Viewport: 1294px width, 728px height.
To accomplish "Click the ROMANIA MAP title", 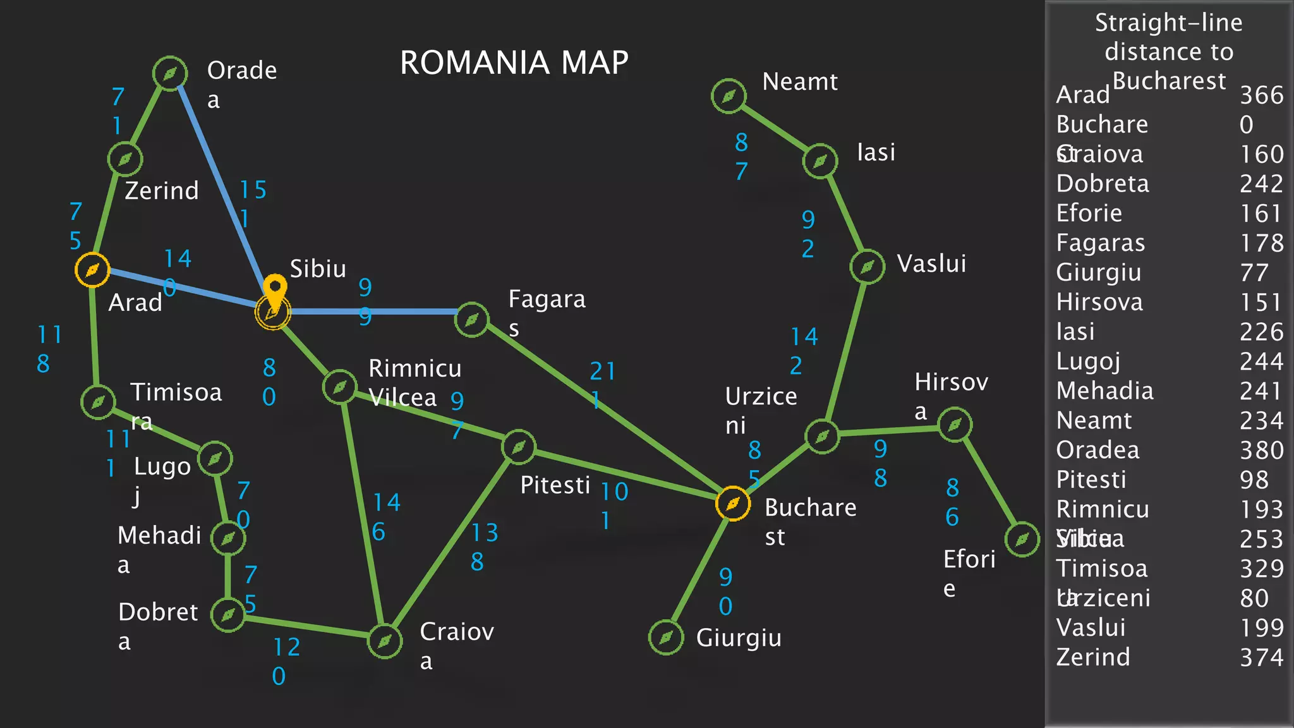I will coord(514,63).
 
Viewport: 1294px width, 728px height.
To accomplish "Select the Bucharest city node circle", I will coord(733,504).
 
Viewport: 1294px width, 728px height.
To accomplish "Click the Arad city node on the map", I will coord(92,270).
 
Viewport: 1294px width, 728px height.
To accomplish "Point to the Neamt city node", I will coord(729,96).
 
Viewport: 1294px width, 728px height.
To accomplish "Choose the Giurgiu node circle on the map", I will coord(666,637).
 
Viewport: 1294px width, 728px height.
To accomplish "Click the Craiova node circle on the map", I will coord(385,641).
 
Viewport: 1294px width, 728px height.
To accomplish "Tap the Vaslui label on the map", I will coord(931,264).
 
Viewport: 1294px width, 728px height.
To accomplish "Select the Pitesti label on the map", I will coord(555,485).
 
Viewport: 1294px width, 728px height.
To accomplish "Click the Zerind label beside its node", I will coord(162,190).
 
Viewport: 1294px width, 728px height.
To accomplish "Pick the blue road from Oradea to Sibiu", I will coord(221,190).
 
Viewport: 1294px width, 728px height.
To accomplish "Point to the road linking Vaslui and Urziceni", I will coord(845,351).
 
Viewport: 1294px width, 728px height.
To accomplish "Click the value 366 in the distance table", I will coord(1261,95).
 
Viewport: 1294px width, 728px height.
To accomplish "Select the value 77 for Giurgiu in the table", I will coord(1254,272).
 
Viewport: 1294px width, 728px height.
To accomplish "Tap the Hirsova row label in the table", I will coord(1099,302).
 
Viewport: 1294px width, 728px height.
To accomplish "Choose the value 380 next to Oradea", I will coord(1261,450).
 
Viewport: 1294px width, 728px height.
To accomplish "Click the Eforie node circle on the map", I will coord(1022,539).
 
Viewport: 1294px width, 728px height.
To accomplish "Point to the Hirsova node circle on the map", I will coord(955,425).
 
